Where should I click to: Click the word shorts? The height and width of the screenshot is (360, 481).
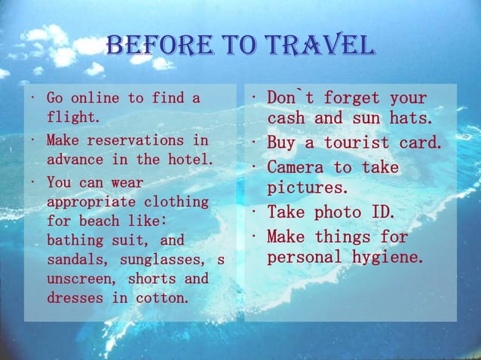point(152,279)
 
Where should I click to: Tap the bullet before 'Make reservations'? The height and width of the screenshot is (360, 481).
point(32,140)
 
